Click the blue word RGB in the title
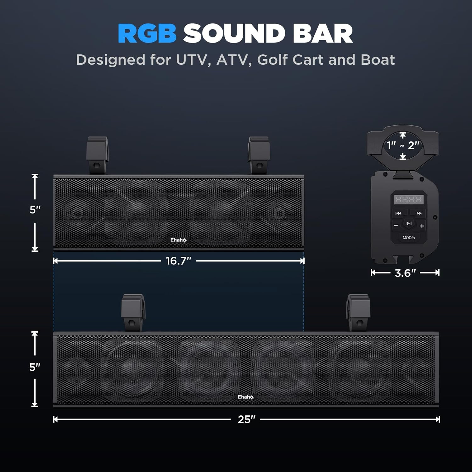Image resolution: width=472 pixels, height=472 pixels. pyautogui.click(x=147, y=34)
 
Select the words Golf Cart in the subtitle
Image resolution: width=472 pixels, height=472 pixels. pyautogui.click(x=290, y=60)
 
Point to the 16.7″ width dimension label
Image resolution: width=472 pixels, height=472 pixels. pyautogui.click(x=178, y=261)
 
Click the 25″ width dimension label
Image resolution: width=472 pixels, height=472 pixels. pyautogui.click(x=246, y=419)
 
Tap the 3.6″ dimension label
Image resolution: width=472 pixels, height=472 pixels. pyautogui.click(x=405, y=273)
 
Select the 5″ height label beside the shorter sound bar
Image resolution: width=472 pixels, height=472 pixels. pyautogui.click(x=35, y=210)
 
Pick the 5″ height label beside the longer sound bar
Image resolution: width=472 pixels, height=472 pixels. pyautogui.click(x=35, y=367)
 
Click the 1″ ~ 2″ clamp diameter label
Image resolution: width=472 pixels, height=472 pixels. pyautogui.click(x=403, y=145)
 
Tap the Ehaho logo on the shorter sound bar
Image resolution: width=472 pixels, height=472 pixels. pyautogui.click(x=178, y=240)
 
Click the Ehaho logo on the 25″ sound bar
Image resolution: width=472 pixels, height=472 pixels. pyautogui.click(x=245, y=397)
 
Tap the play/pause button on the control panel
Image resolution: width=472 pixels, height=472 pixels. pyautogui.click(x=409, y=224)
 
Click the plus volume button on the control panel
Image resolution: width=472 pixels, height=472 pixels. pyautogui.click(x=422, y=226)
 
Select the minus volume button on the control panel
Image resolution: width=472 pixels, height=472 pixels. pyautogui.click(x=396, y=226)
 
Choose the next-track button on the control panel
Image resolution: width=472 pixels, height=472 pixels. pyautogui.click(x=419, y=213)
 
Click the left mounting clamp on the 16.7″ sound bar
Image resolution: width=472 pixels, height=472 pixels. pyautogui.click(x=97, y=155)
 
